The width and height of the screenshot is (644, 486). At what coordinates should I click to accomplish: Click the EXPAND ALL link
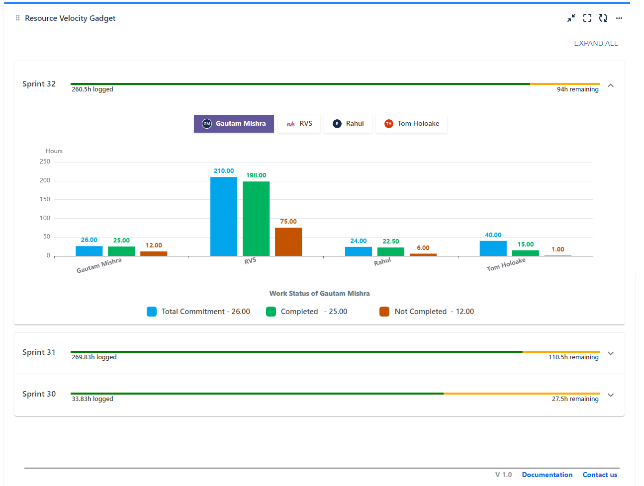596,43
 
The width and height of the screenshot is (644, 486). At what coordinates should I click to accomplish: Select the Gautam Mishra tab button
234,124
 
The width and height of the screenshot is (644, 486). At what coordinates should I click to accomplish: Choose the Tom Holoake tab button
411,124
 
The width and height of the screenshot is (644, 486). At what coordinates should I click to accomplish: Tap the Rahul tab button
348,124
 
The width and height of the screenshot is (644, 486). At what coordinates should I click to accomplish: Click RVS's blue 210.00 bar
224,216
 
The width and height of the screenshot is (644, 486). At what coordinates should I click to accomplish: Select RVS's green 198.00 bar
256,219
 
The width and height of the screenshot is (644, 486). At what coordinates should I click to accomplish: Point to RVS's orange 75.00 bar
288,242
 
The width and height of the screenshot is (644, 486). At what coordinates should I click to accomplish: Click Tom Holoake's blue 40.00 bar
493,248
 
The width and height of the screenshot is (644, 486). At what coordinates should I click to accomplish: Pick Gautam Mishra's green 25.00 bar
121,251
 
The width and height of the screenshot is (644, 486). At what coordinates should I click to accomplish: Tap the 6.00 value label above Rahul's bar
423,248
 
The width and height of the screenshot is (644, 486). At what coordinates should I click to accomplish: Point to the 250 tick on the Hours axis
45,162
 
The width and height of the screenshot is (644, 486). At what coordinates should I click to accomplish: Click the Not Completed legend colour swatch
384,312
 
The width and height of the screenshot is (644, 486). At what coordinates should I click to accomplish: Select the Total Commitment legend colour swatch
152,312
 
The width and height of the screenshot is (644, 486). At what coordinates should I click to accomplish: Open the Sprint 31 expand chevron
611,353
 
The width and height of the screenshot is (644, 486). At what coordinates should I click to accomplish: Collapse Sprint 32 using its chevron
611,85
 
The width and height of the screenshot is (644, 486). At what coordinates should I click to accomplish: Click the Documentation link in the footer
547,475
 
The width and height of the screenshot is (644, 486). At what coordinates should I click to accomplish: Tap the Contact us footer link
600,475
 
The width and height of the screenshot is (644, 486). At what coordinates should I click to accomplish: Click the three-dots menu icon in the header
619,18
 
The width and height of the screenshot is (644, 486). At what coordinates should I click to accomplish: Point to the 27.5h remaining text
575,399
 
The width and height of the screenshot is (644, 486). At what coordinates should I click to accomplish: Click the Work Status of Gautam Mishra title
319,294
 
